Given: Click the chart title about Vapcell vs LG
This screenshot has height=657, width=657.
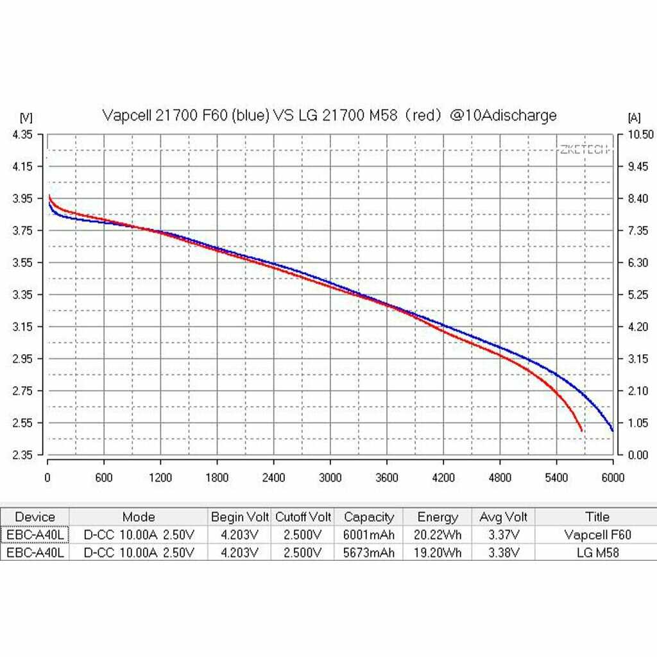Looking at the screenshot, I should coord(329,115).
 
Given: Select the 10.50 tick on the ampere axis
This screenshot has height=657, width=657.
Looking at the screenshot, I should coord(640,134).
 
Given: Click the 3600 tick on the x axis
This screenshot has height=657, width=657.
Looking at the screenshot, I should coord(387,477).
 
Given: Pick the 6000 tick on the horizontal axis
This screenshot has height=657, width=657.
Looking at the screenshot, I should coord(613,477).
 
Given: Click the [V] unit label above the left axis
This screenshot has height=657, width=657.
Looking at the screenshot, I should coord(26,117).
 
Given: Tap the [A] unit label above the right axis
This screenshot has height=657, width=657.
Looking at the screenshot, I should coord(633,117).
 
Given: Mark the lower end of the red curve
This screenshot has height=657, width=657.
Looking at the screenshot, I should coord(581,431).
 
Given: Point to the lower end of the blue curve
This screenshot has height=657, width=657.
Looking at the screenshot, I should coord(613,431).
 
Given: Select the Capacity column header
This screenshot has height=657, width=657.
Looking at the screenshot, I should coord(369,517).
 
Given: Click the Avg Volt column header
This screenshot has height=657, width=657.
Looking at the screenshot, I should coord(504,517).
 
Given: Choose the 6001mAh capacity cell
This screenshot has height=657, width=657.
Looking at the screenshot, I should coord(369,534).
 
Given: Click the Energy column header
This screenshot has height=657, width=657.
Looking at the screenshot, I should coord(438,517).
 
